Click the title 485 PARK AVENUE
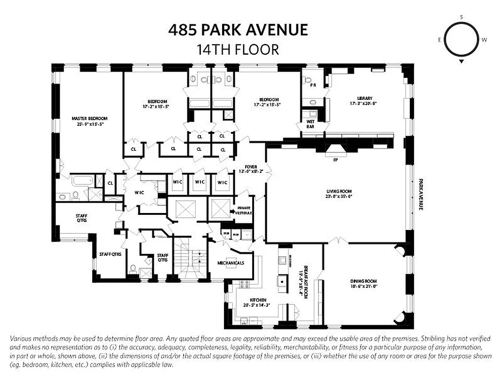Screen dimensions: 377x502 click(238, 30)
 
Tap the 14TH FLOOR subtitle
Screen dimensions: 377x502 click(238, 49)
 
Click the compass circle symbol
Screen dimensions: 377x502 click(461, 40)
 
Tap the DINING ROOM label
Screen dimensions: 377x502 click(364, 282)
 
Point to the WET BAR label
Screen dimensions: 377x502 click(311, 124)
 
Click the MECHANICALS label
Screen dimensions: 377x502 click(231, 263)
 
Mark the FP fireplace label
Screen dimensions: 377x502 click(335, 160)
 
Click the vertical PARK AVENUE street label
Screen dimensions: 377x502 click(421, 194)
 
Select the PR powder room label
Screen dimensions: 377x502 click(312, 86)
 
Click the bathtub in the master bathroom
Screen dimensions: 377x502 click(83, 180)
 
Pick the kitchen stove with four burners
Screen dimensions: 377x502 click(244, 284)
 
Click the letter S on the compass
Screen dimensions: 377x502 click(461, 17)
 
